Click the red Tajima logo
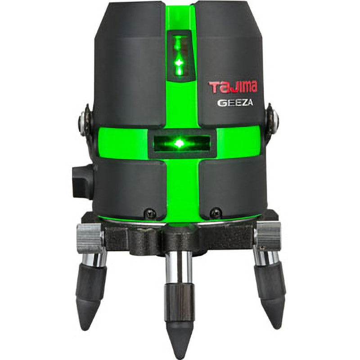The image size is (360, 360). tap(233, 87)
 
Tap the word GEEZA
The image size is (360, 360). tap(235, 103)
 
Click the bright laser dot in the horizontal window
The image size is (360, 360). tap(179, 144)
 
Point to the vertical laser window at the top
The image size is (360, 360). tap(179, 56)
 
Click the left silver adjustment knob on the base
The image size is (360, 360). tap(90, 238)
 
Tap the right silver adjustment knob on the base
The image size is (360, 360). tap(268, 236)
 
